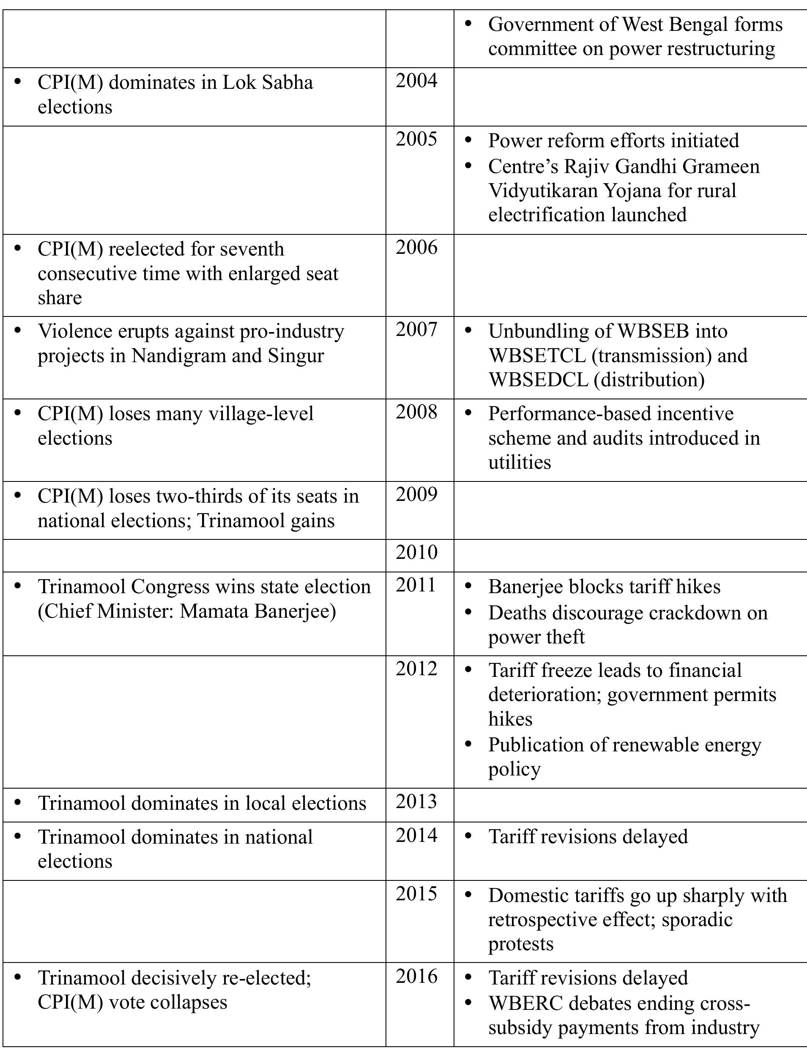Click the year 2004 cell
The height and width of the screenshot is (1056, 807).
(416, 81)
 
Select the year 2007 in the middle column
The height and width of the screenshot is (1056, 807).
(416, 330)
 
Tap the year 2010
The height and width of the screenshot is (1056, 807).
(416, 552)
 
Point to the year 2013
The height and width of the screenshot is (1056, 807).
(416, 801)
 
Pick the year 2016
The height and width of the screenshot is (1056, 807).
(416, 976)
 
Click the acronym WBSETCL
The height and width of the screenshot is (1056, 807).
(536, 356)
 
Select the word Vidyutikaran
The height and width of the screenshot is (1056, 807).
(542, 190)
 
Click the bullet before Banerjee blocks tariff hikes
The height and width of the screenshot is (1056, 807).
(469, 586)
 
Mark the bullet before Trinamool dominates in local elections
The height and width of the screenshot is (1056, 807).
(18, 802)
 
